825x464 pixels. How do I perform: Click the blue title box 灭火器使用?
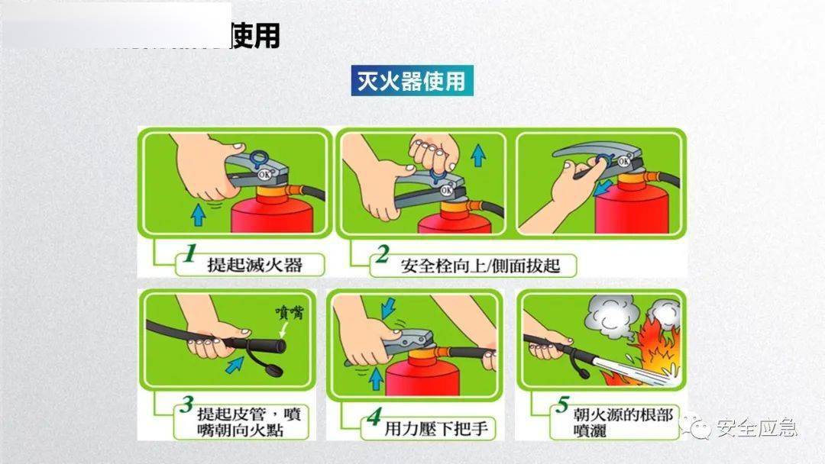(412, 80)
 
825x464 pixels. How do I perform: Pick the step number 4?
(374, 417)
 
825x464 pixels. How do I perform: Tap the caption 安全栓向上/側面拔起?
(480, 266)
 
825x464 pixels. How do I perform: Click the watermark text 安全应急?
(756, 427)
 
